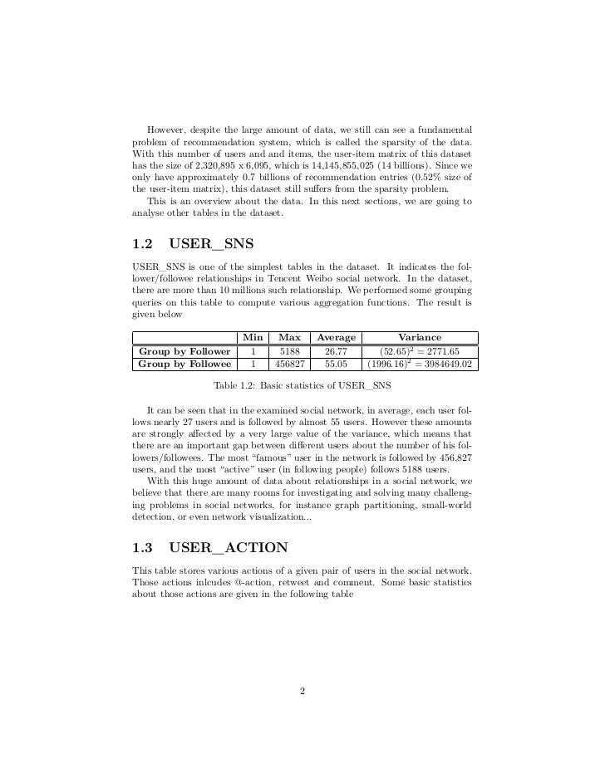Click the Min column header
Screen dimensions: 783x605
(x=252, y=338)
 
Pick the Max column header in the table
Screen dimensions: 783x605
(x=289, y=338)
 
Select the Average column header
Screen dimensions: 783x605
(x=336, y=338)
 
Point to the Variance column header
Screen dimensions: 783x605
(x=421, y=338)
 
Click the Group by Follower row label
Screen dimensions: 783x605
(x=184, y=351)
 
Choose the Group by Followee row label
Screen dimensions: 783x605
(x=184, y=364)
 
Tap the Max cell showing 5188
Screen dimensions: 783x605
(x=289, y=351)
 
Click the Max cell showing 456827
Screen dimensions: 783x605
(x=289, y=364)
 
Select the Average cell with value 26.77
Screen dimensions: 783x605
(x=336, y=351)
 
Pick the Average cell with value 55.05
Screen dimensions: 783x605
(x=336, y=364)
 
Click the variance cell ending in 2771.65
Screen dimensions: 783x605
(x=421, y=351)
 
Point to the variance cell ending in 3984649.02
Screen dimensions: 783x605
(x=421, y=364)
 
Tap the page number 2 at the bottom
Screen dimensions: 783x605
(x=302, y=691)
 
